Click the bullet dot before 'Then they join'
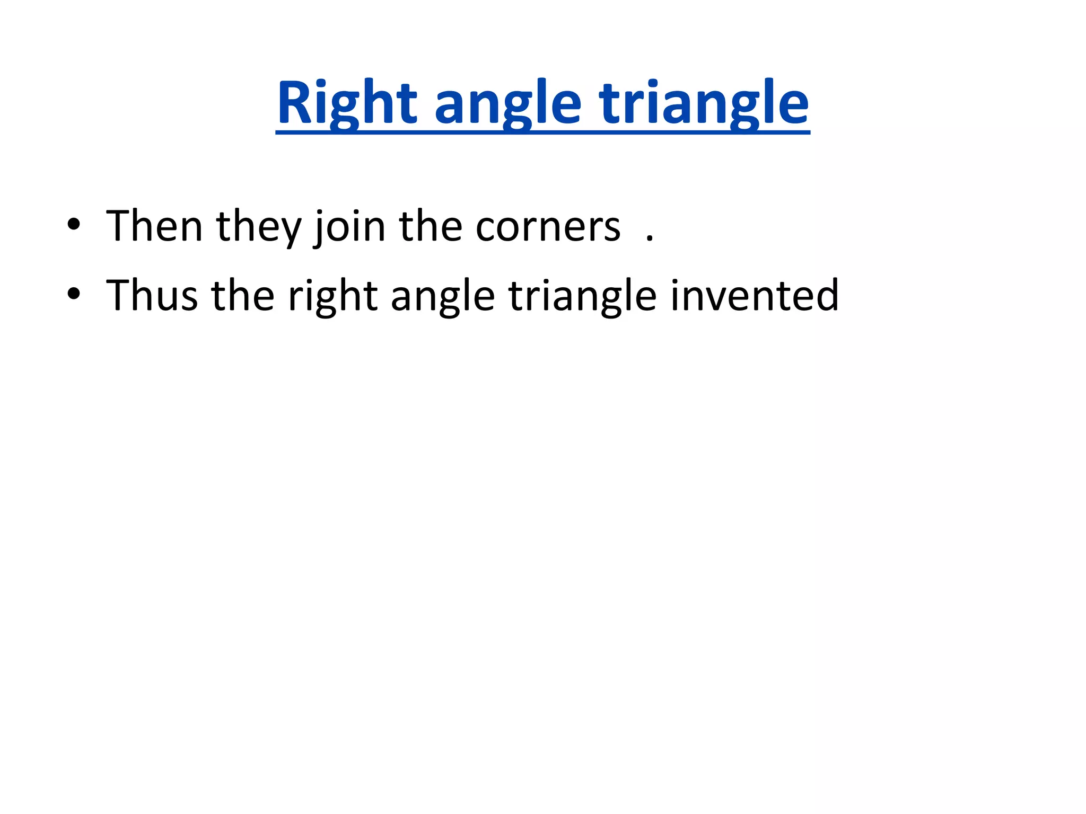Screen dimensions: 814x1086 coord(74,225)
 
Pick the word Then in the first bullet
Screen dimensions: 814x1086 coord(154,227)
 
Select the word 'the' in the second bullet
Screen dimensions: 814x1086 coord(243,296)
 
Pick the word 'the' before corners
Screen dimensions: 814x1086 coord(431,227)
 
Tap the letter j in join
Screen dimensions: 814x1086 coord(320,230)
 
